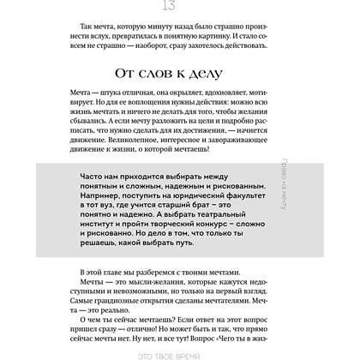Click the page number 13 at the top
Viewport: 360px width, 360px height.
coord(180,7)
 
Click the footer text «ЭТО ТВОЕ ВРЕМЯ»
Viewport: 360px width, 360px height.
coord(180,354)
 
